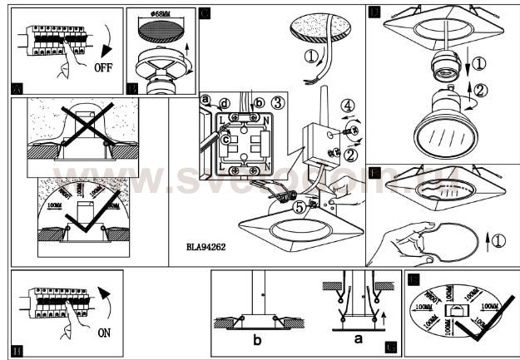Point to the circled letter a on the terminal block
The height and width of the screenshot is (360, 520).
point(205,99)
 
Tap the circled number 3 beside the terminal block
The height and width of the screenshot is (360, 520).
point(280,103)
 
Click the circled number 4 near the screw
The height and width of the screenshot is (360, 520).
point(349,106)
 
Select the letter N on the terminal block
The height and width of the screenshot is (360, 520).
point(266,121)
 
